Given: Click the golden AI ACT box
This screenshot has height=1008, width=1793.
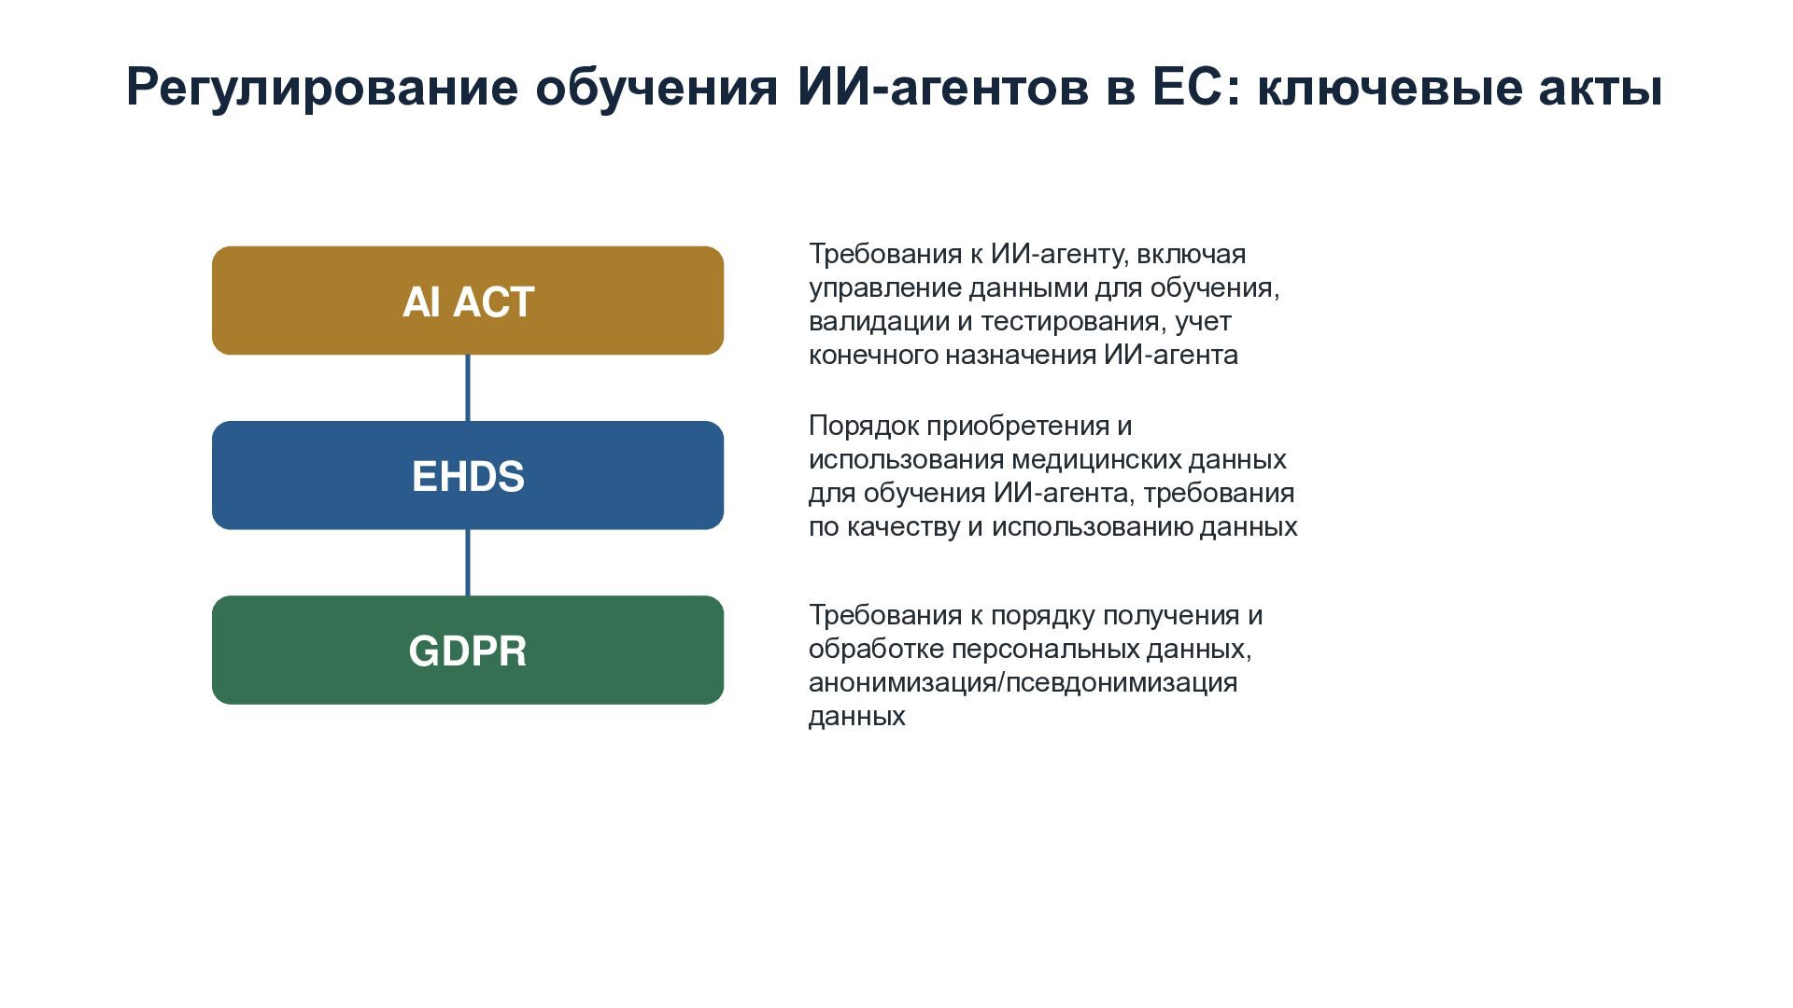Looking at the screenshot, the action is pos(468,301).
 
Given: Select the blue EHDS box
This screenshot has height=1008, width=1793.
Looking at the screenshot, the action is pos(468,475).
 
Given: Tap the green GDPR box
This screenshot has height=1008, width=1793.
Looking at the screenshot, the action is pos(468,650).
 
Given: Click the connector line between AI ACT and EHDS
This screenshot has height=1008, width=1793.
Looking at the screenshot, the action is pos(468,388).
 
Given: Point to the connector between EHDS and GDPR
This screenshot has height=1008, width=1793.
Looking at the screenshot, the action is pos(468,563).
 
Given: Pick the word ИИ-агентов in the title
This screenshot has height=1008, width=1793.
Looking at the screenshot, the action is pos(943,88).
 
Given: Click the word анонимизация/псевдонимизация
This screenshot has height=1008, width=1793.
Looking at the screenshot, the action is pos(1023,683).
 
